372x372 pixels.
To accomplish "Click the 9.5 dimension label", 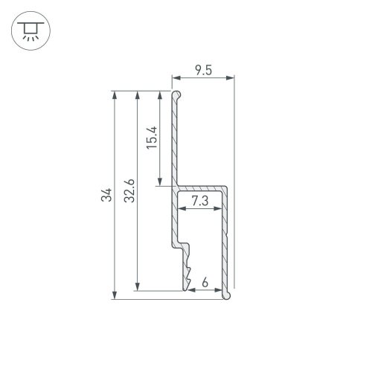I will point(202,70).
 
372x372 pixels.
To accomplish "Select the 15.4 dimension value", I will point(151,138).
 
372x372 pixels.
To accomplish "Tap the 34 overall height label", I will point(106,196).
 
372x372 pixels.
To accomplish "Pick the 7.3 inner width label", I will point(199,201).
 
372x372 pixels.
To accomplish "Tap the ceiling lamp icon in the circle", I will point(29,30).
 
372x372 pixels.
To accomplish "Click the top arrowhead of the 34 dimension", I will point(114,95).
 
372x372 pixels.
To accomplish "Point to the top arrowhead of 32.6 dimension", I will point(138,95).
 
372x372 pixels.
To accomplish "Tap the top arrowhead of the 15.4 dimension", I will point(161,95).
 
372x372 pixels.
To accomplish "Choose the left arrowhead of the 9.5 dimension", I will point(176,77).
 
